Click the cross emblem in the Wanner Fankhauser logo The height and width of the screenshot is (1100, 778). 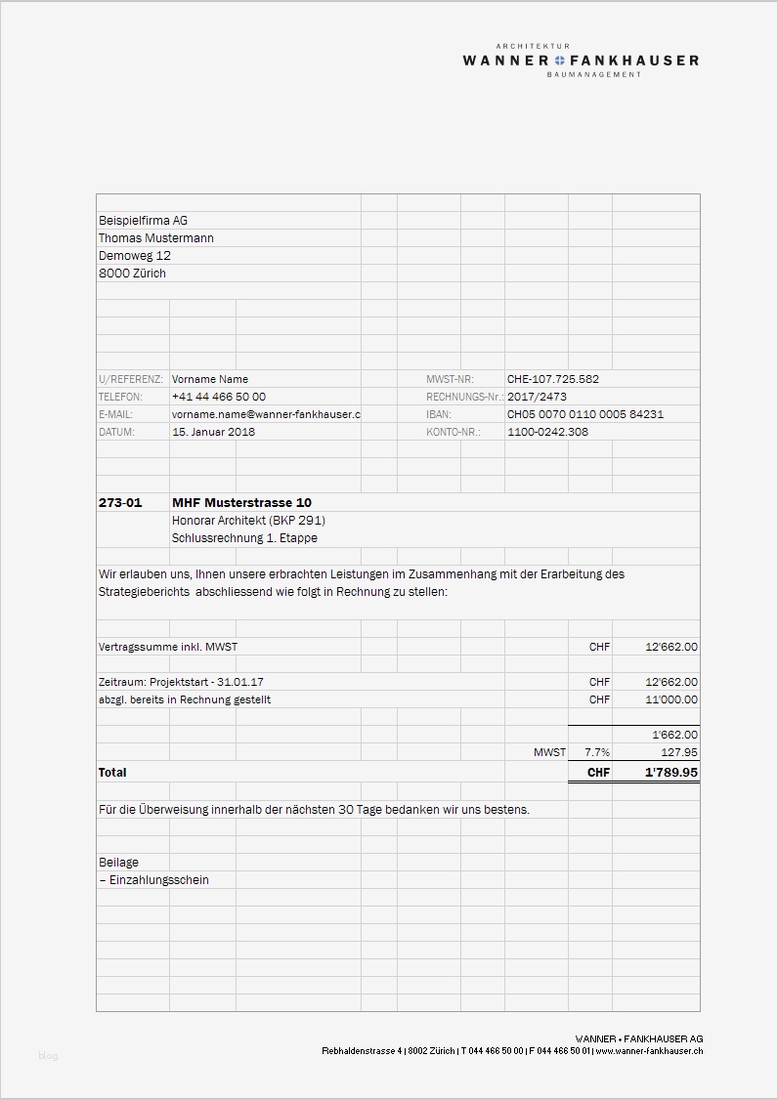click(x=559, y=61)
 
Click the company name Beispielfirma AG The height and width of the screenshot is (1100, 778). click(x=143, y=221)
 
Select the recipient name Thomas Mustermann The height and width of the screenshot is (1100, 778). click(x=155, y=238)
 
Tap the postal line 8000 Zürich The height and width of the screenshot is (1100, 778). click(x=132, y=274)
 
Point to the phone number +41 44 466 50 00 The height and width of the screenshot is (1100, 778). click(x=218, y=397)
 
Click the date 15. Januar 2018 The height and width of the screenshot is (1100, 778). click(x=213, y=432)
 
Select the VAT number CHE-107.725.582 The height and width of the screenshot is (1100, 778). click(x=552, y=379)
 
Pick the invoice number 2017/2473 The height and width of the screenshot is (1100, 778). click(x=536, y=397)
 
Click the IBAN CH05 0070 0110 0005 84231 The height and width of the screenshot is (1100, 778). click(x=584, y=414)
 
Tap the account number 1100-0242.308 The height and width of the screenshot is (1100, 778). click(x=547, y=432)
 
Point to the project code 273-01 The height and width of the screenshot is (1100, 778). click(x=120, y=502)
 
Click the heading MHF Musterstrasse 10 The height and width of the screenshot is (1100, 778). click(x=241, y=502)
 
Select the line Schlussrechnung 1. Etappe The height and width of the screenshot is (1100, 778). click(x=244, y=538)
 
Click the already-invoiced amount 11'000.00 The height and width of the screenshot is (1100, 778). click(x=671, y=699)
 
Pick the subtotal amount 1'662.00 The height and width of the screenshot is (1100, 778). click(x=674, y=735)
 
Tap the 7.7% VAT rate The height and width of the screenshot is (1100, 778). click(x=596, y=752)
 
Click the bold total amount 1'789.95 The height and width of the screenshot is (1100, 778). click(x=670, y=772)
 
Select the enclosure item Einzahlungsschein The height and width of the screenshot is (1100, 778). click(x=156, y=880)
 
